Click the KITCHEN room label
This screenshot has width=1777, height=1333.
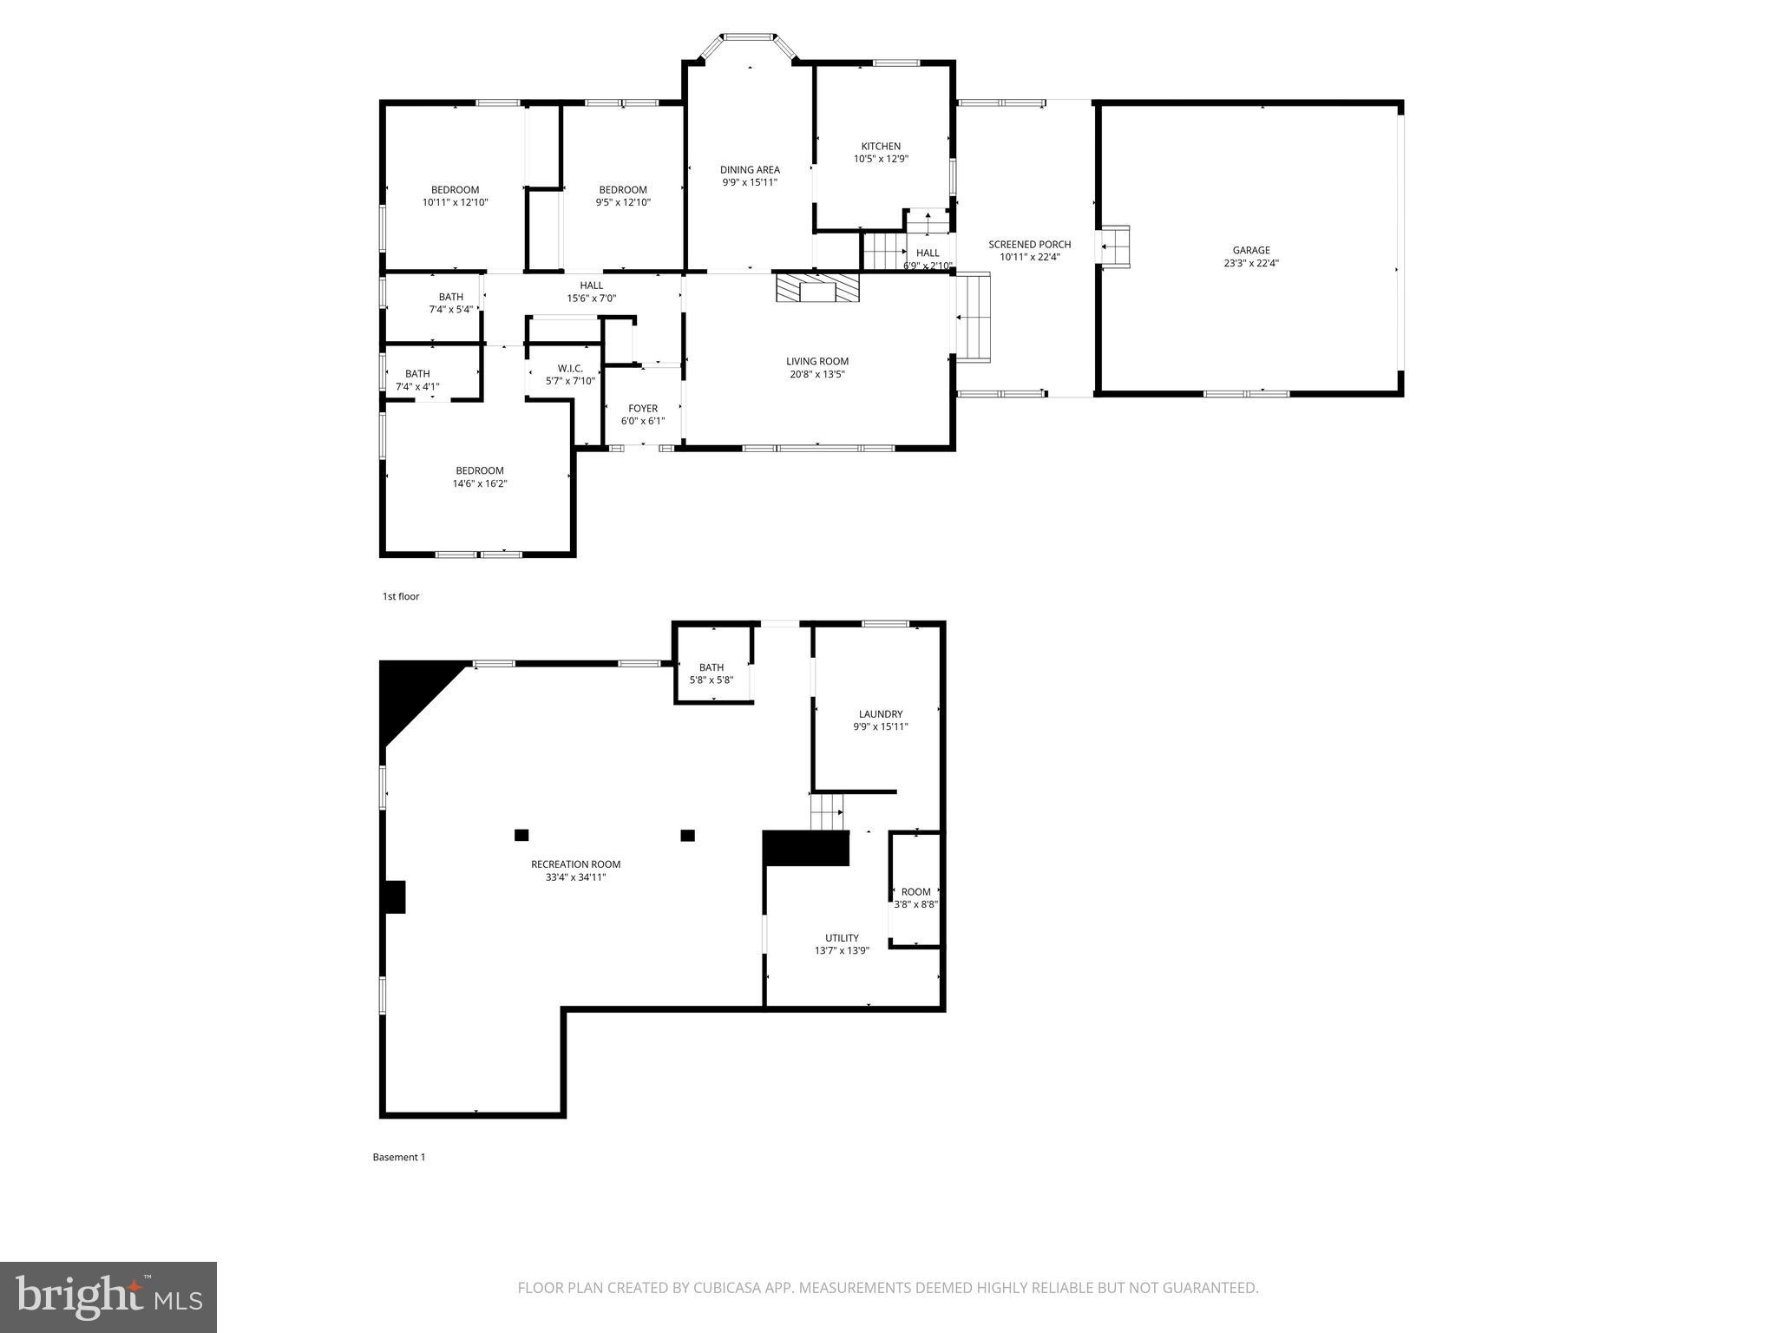coord(881,147)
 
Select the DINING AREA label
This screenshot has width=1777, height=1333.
coord(750,170)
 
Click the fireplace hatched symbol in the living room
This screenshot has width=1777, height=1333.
coord(817,287)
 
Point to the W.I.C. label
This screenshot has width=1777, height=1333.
coord(570,369)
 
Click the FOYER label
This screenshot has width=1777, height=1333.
coord(643,409)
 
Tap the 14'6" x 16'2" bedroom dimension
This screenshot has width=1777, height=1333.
coord(480,483)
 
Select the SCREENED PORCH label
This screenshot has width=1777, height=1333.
coord(1029,245)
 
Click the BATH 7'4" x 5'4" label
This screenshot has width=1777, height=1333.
coord(450,298)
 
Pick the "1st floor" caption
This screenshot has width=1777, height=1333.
coord(401,596)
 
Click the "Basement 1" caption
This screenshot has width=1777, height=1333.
coord(399,1157)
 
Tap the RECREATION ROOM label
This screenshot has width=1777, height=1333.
coord(576,864)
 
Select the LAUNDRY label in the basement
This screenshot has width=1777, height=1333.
coord(881,714)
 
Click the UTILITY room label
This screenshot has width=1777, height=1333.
coord(842,938)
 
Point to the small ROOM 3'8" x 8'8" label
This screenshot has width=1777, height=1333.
coord(915,892)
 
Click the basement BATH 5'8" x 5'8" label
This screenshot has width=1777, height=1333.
coord(711,667)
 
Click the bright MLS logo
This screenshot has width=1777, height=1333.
coord(108,1297)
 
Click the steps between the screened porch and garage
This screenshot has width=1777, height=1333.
coord(1115,246)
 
